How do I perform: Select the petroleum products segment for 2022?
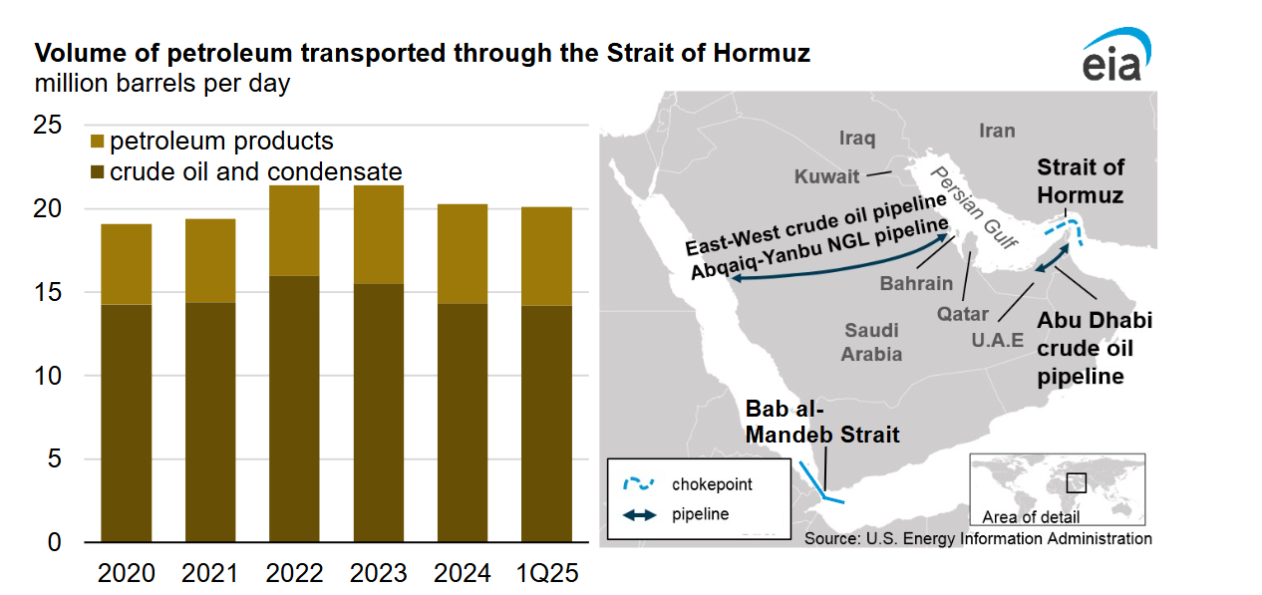[x=294, y=230]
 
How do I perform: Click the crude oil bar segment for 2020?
[x=126, y=423]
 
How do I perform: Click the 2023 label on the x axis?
[x=379, y=574]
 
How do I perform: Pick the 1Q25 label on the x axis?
[x=546, y=574]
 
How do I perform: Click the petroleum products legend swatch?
[x=97, y=142]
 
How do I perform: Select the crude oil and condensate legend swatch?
[x=97, y=171]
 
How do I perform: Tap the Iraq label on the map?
[x=857, y=138]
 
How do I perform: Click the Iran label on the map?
[x=997, y=131]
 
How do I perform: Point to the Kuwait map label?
[x=826, y=177]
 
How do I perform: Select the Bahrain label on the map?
[x=916, y=283]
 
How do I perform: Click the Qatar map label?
[x=963, y=314]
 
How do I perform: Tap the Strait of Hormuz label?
[x=1081, y=180]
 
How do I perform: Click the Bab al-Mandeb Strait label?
[x=822, y=423]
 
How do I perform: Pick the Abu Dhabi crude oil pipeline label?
[x=1094, y=349]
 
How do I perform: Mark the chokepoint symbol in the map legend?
[x=638, y=484]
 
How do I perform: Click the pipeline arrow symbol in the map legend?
[x=638, y=515]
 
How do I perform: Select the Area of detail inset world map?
[x=1058, y=482]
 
